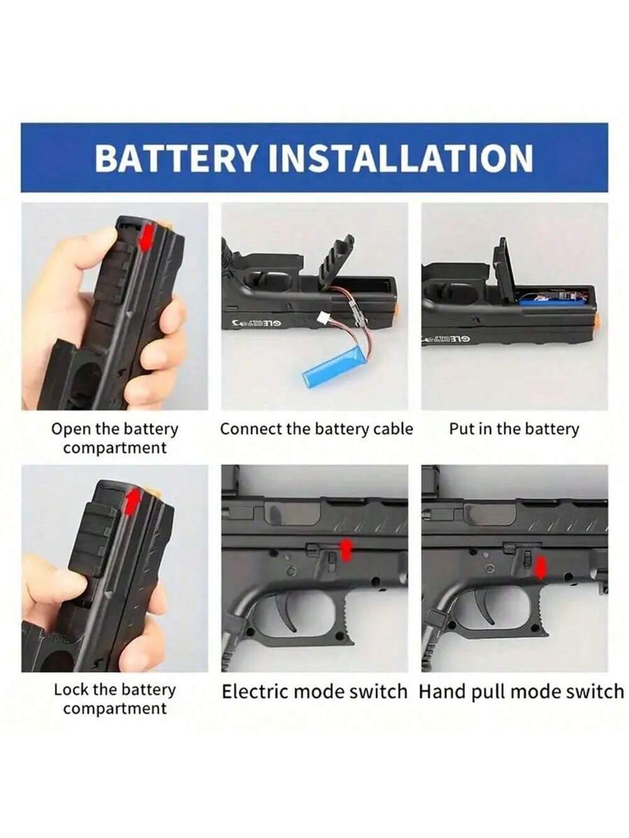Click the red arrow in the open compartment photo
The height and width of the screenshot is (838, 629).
(147, 238)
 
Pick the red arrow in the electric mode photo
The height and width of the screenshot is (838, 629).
(345, 549)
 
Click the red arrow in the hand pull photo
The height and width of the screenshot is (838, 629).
(540, 567)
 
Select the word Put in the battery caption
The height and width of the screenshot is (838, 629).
(461, 429)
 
